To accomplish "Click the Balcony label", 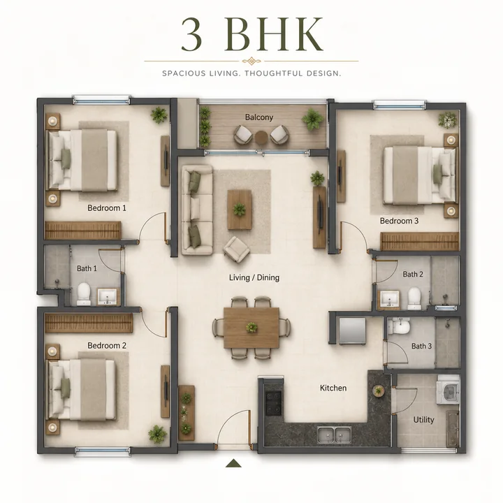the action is pos(259,117).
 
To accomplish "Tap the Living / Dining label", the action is pos(254,277).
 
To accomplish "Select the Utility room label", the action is pos(423,420).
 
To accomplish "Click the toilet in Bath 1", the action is pos(84,293).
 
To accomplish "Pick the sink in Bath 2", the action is pos(389,299).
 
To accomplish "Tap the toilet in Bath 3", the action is pos(399,326).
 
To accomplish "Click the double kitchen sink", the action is pos(334,435).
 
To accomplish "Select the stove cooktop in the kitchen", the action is pos(273,402).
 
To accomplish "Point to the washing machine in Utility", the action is pos(449,391).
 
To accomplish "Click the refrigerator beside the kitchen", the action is pos(352,331).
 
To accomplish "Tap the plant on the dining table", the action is pos(251,328).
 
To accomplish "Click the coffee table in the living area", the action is pos(240,210).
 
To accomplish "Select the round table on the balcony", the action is pos(261,138).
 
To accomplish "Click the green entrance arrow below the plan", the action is pos(233,463).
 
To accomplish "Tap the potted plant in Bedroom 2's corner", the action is pos(157,434).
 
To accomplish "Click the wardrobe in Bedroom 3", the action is pos(420,241).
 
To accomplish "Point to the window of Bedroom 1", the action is pos(101,100).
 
